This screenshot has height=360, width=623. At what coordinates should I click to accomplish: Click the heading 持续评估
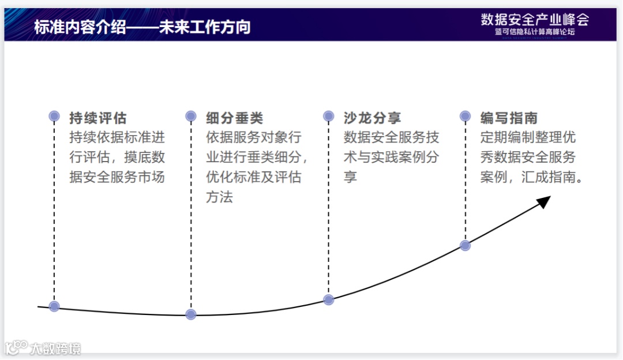pyautogui.click(x=97, y=118)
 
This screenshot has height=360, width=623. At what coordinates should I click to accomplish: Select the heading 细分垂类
pyautogui.click(x=234, y=118)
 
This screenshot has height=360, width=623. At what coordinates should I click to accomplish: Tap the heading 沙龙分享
pyautogui.click(x=372, y=118)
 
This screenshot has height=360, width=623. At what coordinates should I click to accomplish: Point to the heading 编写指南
pyautogui.click(x=509, y=118)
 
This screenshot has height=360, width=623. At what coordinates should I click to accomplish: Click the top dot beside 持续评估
pyautogui.click(x=54, y=117)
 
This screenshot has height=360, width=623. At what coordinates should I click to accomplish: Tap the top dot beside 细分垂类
pyautogui.click(x=191, y=117)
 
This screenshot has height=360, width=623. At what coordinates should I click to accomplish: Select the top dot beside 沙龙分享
pyautogui.click(x=329, y=117)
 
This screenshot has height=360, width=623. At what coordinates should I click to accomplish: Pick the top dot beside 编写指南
pyautogui.click(x=466, y=117)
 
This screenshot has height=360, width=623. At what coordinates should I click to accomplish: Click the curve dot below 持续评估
pyautogui.click(x=54, y=306)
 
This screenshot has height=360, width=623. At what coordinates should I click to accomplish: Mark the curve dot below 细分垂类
pyautogui.click(x=191, y=314)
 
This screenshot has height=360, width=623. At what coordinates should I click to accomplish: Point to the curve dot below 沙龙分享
pyautogui.click(x=329, y=299)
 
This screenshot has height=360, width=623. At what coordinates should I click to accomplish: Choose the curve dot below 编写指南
pyautogui.click(x=466, y=245)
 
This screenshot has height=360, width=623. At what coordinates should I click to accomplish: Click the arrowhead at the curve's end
pyautogui.click(x=543, y=201)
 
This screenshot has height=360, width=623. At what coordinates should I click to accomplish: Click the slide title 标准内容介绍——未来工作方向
pyautogui.click(x=142, y=27)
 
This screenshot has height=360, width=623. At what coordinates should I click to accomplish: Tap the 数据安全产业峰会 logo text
pyautogui.click(x=535, y=20)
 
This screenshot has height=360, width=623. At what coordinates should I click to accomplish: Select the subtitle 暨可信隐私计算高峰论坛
pyautogui.click(x=535, y=32)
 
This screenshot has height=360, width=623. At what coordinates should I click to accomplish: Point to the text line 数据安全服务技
pyautogui.click(x=391, y=138)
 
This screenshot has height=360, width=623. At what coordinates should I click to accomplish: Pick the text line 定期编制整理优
pyautogui.click(x=528, y=138)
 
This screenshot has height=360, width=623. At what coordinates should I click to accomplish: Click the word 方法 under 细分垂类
pyautogui.click(x=219, y=197)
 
